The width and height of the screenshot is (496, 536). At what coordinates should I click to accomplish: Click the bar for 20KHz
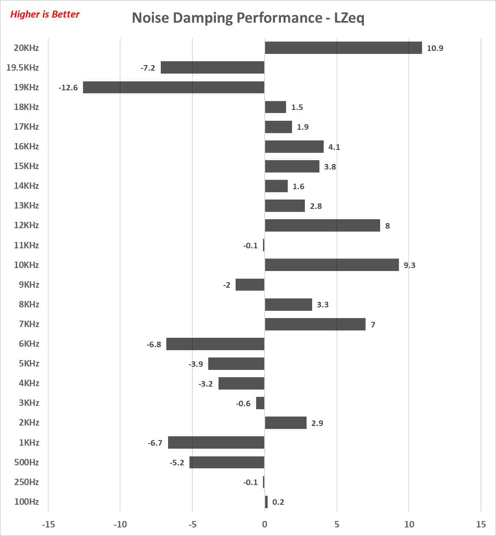[343, 48]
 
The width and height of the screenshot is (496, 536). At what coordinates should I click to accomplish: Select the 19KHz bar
[174, 87]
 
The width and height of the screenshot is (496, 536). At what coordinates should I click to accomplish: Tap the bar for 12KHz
[322, 226]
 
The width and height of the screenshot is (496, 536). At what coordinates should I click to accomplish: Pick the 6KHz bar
[215, 344]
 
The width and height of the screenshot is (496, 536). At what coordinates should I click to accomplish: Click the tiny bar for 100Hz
[266, 502]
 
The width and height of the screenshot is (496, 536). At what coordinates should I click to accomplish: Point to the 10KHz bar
[332, 265]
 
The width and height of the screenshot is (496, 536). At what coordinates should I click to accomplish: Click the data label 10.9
[435, 48]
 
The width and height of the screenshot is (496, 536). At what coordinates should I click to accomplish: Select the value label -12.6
[68, 88]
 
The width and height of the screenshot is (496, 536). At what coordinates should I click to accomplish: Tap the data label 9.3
[409, 265]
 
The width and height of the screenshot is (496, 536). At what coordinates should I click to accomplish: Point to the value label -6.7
[155, 443]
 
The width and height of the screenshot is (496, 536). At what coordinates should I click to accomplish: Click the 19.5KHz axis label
[23, 68]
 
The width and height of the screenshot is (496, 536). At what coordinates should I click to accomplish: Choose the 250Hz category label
[27, 482]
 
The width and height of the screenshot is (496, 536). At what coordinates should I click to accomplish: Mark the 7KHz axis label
[29, 324]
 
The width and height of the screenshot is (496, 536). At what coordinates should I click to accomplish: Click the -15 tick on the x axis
[48, 524]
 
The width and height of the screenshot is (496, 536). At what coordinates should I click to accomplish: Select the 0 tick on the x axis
[265, 524]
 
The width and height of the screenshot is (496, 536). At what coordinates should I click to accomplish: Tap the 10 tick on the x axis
[409, 524]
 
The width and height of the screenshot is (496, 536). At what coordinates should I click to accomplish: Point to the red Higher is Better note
[45, 15]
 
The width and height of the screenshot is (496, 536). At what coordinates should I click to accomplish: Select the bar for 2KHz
[286, 423]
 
